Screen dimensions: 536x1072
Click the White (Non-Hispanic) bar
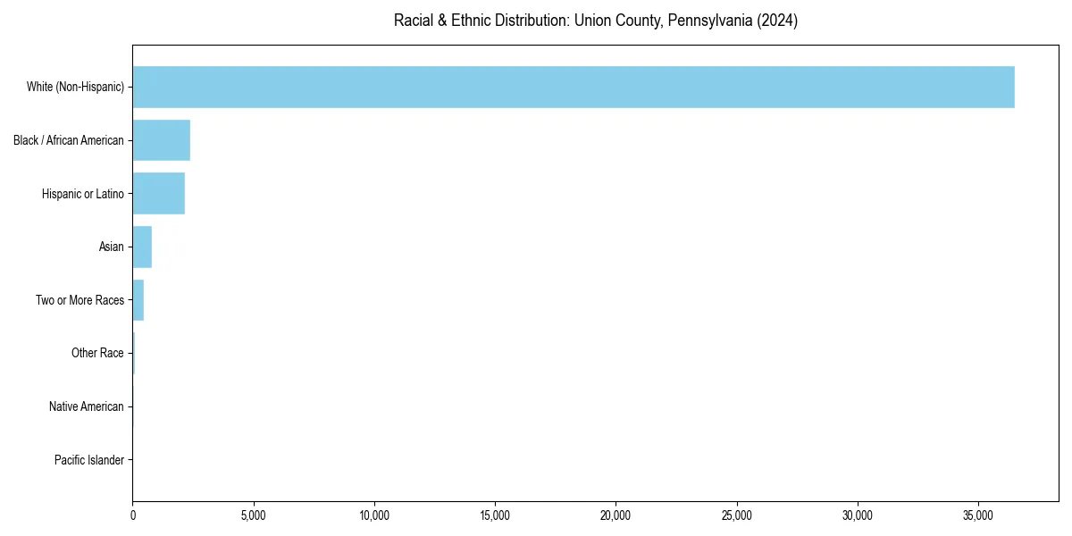[574, 87]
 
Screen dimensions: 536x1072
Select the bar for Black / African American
[162, 140]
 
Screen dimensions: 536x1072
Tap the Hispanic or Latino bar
[159, 194]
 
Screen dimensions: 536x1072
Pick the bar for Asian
[142, 247]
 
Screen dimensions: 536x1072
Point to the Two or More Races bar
[138, 300]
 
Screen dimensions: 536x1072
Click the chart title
[596, 21]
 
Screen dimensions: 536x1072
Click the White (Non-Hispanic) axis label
[75, 88]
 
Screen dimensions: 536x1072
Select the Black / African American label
[69, 140]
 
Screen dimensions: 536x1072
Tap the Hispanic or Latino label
[83, 194]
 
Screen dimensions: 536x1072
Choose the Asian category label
[112, 247]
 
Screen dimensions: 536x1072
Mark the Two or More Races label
[80, 300]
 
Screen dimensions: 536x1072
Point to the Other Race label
[97, 354]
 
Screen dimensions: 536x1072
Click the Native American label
[87, 406]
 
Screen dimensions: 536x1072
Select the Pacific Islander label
[89, 460]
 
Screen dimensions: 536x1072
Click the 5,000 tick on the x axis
[254, 515]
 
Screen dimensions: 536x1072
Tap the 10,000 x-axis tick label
[374, 515]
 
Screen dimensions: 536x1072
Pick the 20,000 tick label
[616, 515]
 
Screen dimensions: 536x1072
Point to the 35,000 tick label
[978, 515]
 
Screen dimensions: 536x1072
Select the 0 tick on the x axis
[133, 515]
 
